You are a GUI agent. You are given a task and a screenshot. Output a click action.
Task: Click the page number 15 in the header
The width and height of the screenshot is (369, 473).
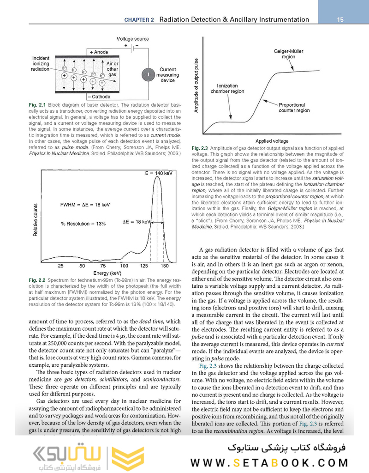point(340,19)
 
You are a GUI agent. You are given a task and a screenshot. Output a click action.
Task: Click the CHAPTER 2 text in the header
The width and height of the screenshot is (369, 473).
point(140,20)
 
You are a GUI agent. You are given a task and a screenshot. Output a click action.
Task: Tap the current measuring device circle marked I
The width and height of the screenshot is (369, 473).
point(148,74)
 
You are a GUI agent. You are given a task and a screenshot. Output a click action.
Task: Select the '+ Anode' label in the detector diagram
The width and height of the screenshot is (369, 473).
point(99,52)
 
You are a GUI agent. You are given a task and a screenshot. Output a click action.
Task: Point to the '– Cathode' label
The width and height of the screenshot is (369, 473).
point(99,97)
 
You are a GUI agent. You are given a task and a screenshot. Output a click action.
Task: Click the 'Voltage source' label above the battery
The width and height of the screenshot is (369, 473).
point(133,39)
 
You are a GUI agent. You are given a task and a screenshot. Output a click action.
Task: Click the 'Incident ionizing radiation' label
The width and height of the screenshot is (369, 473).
point(40,64)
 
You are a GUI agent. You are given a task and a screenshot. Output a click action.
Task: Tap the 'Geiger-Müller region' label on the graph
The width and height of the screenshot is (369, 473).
point(288,54)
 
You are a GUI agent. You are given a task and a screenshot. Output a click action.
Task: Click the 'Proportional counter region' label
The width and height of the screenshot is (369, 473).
point(294,108)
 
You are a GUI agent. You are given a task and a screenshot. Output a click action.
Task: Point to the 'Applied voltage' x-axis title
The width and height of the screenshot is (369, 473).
point(272,141)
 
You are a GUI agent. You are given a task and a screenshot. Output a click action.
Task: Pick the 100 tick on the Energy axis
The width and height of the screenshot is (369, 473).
point(124,266)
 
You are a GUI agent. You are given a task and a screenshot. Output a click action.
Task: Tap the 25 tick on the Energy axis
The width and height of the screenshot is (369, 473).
point(61,266)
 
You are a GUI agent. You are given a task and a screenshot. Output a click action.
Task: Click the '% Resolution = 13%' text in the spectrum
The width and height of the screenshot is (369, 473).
point(83,224)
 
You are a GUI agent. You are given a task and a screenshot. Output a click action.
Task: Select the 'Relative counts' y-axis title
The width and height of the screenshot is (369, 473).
point(36,220)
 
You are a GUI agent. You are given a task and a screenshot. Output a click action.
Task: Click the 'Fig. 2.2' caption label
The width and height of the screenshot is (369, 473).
point(36,280)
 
